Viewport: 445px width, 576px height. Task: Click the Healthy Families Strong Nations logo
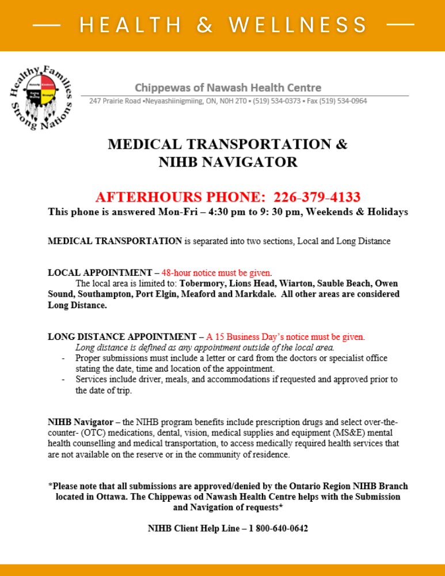40,97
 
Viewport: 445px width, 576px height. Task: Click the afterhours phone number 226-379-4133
317,197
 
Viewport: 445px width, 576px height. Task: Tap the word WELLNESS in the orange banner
298,25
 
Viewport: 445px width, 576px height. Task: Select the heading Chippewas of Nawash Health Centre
228,88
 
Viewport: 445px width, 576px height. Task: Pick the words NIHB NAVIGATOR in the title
228,162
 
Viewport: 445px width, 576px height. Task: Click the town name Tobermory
204,283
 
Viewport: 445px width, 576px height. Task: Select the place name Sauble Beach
343,283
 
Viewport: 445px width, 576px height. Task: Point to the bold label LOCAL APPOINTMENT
100,272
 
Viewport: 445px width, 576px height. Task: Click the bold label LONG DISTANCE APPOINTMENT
122,336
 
